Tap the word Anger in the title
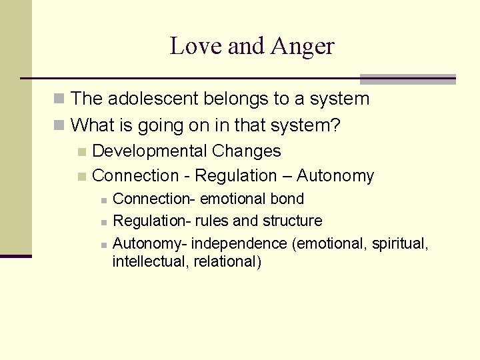[x=303, y=47]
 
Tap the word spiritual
[x=395, y=243]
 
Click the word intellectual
[x=150, y=261]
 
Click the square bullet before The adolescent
[x=60, y=100]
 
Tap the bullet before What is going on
[x=60, y=125]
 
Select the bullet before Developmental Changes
[x=81, y=152]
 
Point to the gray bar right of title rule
[x=407, y=79]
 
